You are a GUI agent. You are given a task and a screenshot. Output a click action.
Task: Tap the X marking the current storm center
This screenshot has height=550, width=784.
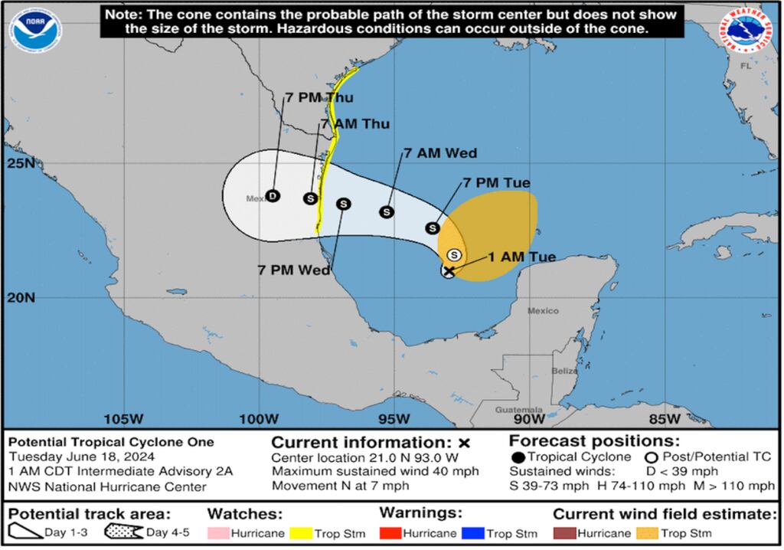coord(449,270)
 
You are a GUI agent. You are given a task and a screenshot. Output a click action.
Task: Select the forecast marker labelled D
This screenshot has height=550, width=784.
coord(273,196)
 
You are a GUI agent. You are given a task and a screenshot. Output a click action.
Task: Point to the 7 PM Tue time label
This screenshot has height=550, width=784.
coord(497,182)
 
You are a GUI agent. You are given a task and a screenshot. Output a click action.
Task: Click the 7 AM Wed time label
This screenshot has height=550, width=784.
coord(440,153)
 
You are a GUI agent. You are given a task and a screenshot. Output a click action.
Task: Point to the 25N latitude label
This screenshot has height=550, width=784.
coord(20,164)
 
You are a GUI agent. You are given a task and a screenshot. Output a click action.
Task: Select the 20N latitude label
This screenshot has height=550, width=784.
coord(20,297)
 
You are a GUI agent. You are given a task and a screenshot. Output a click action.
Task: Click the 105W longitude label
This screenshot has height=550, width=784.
coord(124,419)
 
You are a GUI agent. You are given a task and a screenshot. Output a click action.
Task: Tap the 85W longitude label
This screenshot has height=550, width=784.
coord(664,419)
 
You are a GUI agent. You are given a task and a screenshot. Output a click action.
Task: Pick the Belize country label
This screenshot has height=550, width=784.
coord(565,371)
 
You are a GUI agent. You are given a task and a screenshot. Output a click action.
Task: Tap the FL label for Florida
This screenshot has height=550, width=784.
coord(746,66)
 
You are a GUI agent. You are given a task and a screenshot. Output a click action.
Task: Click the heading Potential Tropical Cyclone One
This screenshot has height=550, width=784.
coord(111,442)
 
